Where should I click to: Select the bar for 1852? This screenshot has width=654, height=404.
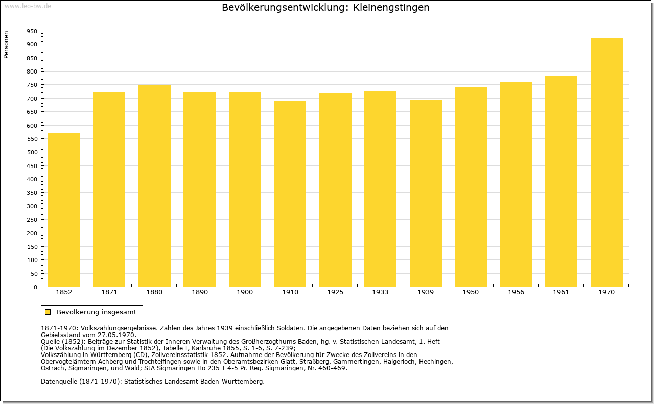click(64, 209)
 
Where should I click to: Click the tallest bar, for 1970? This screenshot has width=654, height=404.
click(606, 162)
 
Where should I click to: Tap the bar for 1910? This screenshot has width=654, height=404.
click(290, 194)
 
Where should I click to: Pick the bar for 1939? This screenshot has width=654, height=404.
click(426, 193)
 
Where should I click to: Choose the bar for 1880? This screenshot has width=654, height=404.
click(154, 186)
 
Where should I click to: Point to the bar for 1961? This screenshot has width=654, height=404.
click(561, 181)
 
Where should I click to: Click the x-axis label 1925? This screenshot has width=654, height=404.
click(335, 292)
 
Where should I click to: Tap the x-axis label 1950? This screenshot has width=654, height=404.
click(471, 292)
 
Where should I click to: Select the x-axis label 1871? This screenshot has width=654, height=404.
click(109, 292)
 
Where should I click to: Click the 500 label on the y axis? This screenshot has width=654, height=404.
click(32, 152)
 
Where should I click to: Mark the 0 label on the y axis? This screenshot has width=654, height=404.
click(35, 287)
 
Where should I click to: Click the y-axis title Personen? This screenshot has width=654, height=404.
click(6, 44)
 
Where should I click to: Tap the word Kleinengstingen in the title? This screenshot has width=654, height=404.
click(391, 7)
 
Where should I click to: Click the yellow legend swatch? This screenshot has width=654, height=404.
click(48, 312)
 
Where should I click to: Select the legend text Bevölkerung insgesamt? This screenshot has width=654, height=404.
click(97, 312)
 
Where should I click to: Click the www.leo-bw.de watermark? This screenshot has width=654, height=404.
click(28, 6)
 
